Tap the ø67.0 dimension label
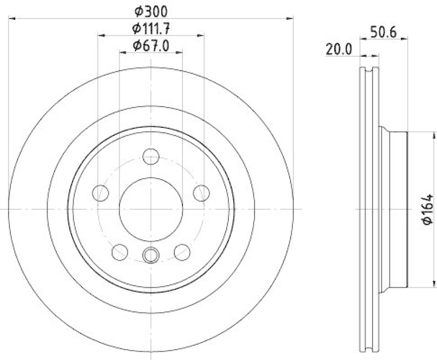coord(151,47)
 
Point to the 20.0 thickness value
coord(338,49)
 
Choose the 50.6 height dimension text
coord(383,32)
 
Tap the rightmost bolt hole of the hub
coord(201,192)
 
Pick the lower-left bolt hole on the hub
coord(119,251)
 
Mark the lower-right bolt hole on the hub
coord(182,251)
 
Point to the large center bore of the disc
coord(151,209)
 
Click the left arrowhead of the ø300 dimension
coord(13,19)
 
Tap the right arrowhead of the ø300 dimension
coord(291,19)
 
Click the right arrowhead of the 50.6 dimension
coord(404,38)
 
